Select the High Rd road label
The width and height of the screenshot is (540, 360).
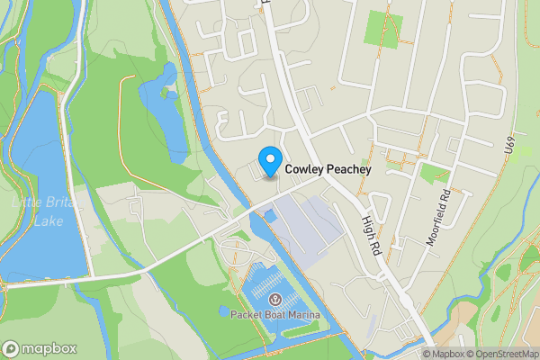[x=372, y=231]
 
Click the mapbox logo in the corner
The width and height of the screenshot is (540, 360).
[x=40, y=348]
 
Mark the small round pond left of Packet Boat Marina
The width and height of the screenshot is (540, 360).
[x=223, y=311]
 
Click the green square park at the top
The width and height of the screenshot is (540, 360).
[x=378, y=31]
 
